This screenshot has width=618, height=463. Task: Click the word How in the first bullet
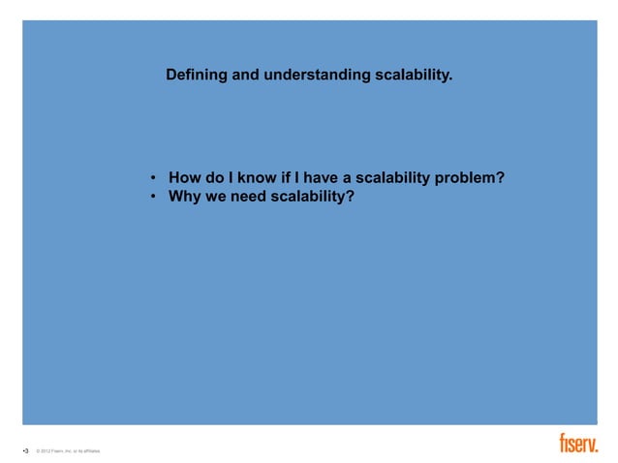[184, 178]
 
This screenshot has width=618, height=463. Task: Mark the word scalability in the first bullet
[391, 178]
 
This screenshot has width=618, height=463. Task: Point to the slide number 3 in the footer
[26, 450]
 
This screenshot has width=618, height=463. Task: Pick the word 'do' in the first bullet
[214, 178]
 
